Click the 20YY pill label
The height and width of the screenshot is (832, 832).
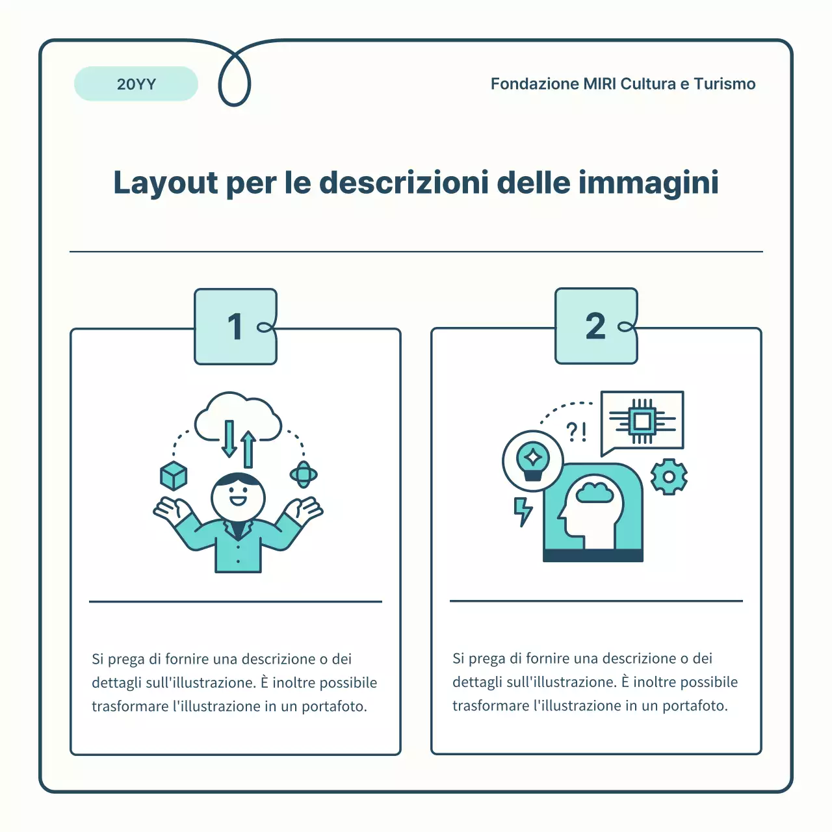click(136, 84)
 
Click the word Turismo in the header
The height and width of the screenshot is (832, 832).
click(724, 84)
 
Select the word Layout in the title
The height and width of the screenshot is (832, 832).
click(166, 183)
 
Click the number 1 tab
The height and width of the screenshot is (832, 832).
click(235, 326)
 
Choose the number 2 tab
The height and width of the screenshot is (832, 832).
click(595, 326)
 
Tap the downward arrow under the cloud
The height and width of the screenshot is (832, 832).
click(229, 439)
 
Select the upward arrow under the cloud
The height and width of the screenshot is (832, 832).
click(248, 449)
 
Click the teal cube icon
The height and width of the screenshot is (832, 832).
click(174, 476)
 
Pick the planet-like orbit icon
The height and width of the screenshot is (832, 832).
click(304, 474)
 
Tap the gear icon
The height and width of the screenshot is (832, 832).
click(669, 476)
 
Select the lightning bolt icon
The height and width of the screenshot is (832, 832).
click(523, 512)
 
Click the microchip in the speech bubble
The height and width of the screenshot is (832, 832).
click(642, 421)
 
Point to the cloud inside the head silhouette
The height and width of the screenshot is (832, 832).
click(594, 492)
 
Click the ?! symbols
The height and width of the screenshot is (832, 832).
click(577, 431)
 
